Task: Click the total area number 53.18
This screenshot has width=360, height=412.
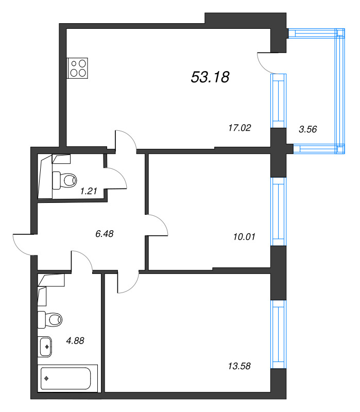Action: (210, 77)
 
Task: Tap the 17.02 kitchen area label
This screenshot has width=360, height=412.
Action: (239, 128)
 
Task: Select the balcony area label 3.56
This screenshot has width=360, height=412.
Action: (308, 129)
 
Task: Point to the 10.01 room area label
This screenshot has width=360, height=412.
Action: (244, 237)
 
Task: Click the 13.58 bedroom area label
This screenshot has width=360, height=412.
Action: (239, 366)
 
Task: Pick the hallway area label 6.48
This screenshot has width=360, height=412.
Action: (105, 234)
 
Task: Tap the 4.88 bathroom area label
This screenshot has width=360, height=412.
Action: (75, 341)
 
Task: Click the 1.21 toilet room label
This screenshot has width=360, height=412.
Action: (89, 191)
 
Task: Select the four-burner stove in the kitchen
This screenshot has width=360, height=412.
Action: (78, 68)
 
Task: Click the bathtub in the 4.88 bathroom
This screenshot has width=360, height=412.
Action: (67, 379)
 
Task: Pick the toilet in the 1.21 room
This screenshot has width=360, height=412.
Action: (64, 180)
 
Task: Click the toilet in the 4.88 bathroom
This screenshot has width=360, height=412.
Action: (50, 320)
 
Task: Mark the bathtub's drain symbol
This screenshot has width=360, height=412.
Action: (47, 379)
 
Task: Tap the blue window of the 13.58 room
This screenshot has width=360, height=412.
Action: (279, 334)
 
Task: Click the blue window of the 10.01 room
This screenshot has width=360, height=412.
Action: (279, 212)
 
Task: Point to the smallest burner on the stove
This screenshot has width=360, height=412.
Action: (74, 63)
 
